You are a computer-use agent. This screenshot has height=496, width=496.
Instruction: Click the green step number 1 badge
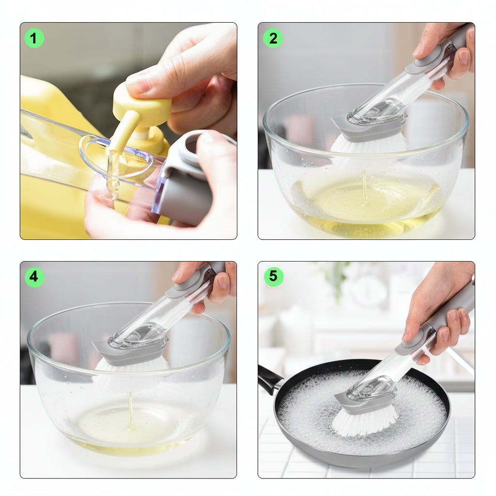point(34,38)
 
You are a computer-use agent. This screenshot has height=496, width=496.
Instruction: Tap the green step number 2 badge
point(273,38)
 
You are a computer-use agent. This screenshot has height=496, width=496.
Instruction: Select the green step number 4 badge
point(34,277)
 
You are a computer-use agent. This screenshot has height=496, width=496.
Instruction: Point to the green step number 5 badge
point(273,277)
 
